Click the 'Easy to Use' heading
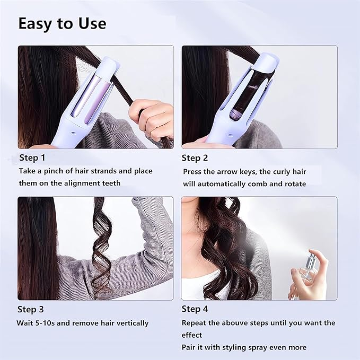point(62,24)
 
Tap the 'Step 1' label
point(32,158)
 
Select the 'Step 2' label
point(194,158)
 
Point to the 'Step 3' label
point(31,310)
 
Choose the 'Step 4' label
point(195,309)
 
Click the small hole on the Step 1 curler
point(73,132)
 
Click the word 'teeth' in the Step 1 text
point(112,183)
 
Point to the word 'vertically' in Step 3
point(132,324)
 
